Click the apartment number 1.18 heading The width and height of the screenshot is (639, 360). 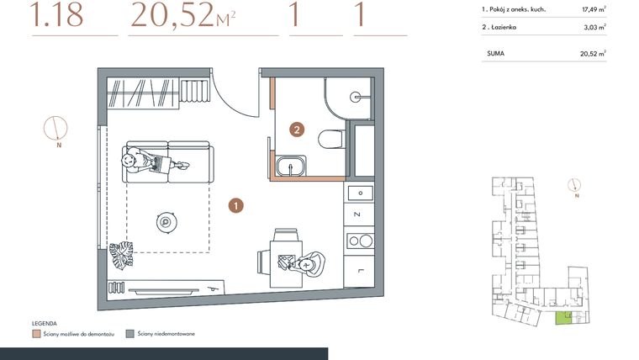click(x=56, y=16)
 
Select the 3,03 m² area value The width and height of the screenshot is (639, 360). click(x=594, y=27)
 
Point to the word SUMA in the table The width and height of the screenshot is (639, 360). click(x=496, y=53)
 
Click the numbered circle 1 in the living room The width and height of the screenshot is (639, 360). click(x=238, y=204)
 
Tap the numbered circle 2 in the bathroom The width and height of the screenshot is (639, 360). click(x=296, y=130)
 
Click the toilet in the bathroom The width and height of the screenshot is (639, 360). click(x=332, y=139)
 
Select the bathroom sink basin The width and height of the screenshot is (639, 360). click(x=291, y=166)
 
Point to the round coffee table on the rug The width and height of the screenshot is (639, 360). click(x=166, y=222)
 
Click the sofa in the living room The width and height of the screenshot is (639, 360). click(x=168, y=160)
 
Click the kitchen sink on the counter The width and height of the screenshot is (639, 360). click(x=361, y=241)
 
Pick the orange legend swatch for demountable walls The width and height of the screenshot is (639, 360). click(x=35, y=334)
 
